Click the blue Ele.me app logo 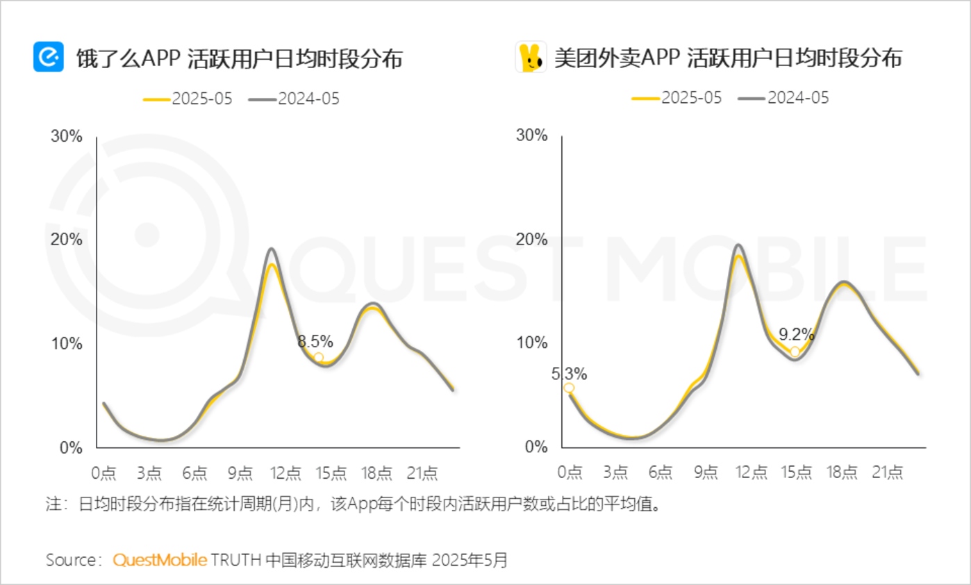click(48, 57)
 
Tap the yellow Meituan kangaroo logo click(531, 57)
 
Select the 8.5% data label click(315, 341)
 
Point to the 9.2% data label click(796, 335)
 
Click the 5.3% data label click(569, 374)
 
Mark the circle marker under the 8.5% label click(318, 358)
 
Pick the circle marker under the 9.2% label click(795, 352)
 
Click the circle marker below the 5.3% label click(569, 388)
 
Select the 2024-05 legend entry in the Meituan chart click(784, 98)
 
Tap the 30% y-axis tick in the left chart click(67, 136)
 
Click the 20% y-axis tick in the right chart click(532, 240)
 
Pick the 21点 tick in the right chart click(887, 472)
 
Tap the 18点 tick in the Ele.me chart click(376, 473)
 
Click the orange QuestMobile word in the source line click(160, 560)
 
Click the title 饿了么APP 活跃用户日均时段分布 click(240, 59)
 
